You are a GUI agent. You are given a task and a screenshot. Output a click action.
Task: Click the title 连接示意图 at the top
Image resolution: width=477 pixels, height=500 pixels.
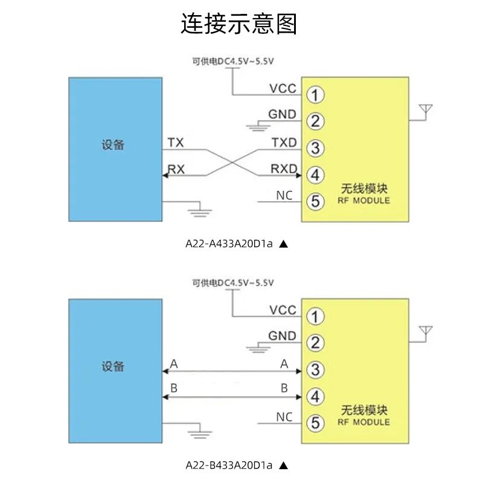(238, 25)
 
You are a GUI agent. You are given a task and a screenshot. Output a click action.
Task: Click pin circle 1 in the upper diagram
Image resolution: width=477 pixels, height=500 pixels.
(315, 95)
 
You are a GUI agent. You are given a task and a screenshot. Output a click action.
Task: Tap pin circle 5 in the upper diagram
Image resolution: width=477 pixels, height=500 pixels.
(315, 201)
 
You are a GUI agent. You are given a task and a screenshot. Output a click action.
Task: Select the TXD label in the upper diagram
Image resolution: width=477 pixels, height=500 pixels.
(284, 143)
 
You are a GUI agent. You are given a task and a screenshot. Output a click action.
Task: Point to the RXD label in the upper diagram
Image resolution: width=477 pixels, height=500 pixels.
(284, 169)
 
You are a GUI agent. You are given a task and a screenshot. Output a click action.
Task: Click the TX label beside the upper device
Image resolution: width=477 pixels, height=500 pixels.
(176, 143)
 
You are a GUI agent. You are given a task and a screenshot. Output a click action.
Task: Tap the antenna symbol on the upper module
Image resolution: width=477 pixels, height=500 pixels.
(426, 111)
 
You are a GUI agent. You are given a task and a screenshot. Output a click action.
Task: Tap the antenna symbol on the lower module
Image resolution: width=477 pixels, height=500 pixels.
(426, 332)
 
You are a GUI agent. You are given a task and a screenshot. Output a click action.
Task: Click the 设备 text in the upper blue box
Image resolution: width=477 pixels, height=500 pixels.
(113, 146)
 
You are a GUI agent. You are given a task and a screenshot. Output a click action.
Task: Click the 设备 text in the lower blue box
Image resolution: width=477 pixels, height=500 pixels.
(113, 367)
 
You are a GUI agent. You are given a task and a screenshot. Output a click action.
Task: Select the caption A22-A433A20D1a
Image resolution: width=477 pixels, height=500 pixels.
(229, 244)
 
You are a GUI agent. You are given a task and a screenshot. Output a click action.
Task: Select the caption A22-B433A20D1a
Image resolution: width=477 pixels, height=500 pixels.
(229, 465)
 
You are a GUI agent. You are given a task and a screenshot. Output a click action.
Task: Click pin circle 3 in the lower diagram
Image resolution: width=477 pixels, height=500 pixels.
(315, 370)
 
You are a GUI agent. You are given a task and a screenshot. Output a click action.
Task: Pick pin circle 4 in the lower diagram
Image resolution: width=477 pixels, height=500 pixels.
(315, 396)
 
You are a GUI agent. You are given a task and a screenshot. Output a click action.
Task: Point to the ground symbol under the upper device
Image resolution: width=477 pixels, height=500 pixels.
(199, 210)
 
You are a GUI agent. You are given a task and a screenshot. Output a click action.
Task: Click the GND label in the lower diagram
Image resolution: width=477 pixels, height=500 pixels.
(282, 336)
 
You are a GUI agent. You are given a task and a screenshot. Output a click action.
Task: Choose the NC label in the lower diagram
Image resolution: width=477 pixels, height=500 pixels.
(284, 417)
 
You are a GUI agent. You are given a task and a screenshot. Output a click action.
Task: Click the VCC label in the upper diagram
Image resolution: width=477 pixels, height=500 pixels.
(283, 89)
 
